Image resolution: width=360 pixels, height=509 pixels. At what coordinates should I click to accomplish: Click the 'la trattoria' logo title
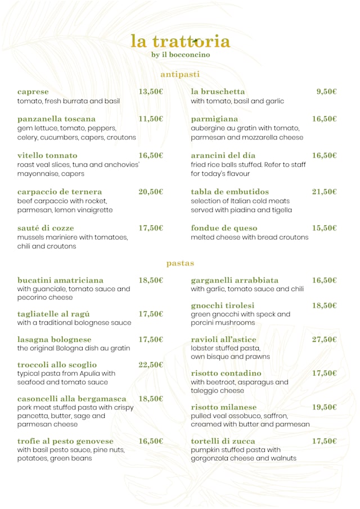pos(180,41)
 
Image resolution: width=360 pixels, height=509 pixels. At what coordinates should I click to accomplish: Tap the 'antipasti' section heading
pos(180,74)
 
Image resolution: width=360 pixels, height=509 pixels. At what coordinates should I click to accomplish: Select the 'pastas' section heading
pos(180,263)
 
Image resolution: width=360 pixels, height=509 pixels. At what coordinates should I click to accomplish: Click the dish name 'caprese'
pos(33,92)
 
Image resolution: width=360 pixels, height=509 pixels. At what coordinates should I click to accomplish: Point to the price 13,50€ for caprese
pos(151,92)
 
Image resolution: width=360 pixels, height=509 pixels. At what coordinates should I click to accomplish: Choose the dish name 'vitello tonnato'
pos(47,155)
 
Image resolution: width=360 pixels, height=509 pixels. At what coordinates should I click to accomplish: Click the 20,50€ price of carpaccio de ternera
pos(151,192)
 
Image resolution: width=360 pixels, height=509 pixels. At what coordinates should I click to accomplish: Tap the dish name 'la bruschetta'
pos(218,92)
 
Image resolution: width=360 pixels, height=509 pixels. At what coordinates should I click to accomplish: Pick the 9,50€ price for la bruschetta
pos(326,92)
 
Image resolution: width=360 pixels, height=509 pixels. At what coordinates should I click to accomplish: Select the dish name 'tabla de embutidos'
pos(230,192)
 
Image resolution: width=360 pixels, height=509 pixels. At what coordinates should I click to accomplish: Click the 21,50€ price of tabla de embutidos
pos(325,192)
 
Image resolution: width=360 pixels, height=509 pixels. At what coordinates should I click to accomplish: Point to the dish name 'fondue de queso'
pos(224,228)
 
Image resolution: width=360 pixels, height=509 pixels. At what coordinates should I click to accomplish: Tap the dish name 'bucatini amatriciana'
pos(60,280)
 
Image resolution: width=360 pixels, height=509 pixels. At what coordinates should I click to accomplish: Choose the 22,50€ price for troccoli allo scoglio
pos(151,364)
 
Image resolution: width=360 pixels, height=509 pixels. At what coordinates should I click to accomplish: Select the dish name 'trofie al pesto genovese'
pos(65,441)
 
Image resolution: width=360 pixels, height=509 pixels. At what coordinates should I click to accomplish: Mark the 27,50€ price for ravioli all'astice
pos(325,339)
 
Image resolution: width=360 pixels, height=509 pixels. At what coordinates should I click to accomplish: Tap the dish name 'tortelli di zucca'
pos(223,441)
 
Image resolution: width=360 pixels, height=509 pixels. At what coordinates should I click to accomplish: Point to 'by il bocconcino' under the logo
pos(181,55)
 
